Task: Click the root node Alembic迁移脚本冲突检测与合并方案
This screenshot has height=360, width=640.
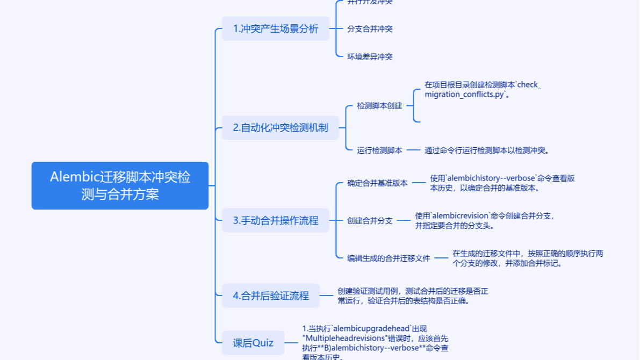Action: [x=120, y=185]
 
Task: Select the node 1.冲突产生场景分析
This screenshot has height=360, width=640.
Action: [x=275, y=28]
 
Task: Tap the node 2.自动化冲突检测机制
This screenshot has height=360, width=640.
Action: [x=280, y=128]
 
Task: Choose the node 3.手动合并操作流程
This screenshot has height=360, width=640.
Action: [x=275, y=220]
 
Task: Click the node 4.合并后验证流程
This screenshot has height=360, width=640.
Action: [x=270, y=296]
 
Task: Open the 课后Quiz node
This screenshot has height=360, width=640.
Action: [x=253, y=343]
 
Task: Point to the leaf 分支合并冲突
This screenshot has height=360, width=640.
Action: [x=370, y=29]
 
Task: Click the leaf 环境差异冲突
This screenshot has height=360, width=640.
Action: [x=370, y=56]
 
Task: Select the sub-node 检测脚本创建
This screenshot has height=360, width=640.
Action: [x=379, y=106]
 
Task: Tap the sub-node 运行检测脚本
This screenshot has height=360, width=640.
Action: [x=379, y=150]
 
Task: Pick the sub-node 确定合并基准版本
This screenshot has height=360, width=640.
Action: [x=377, y=183]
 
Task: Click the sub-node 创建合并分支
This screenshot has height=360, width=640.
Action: [x=370, y=220]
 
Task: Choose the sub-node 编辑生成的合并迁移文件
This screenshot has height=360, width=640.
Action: [x=389, y=258]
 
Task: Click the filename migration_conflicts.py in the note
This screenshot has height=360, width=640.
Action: [x=465, y=95]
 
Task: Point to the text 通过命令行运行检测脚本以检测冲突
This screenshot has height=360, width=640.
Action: [x=487, y=150]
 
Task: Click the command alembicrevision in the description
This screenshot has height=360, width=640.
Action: [x=460, y=216]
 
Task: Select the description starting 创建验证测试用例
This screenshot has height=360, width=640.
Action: [x=413, y=296]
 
